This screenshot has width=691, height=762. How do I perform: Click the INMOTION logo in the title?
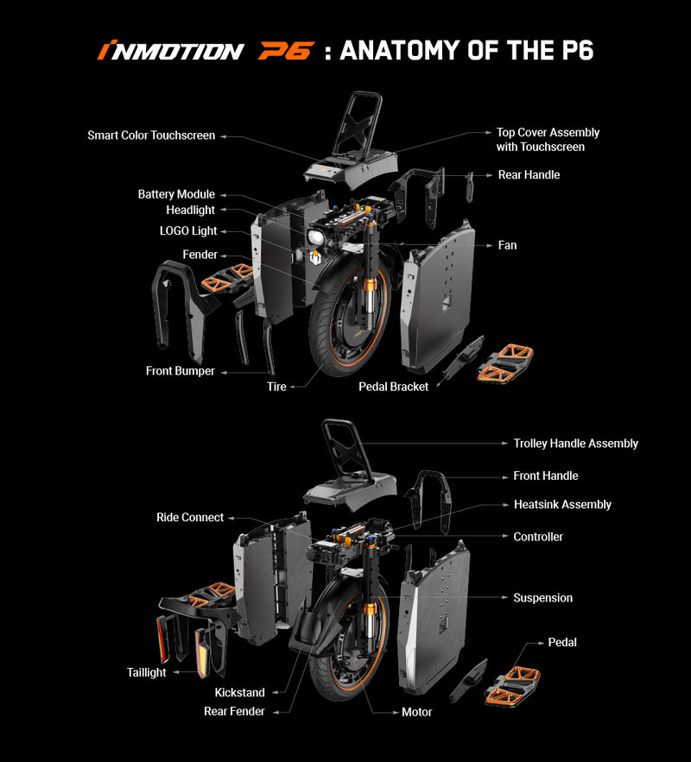click(x=170, y=51)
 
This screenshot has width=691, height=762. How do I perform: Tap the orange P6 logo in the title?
click(x=286, y=51)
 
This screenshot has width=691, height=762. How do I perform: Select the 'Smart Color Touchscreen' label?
click(x=151, y=135)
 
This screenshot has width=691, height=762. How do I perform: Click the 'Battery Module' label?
click(x=176, y=194)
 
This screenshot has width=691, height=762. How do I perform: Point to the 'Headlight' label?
click(x=190, y=210)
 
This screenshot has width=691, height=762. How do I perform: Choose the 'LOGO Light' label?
click(x=188, y=230)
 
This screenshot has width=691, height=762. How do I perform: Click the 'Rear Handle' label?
click(x=529, y=175)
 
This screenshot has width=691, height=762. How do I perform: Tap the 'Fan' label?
click(x=507, y=245)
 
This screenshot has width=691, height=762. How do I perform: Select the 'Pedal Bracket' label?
click(x=393, y=387)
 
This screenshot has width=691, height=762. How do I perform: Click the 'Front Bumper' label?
click(x=180, y=371)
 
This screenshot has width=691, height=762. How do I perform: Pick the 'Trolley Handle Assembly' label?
click(x=576, y=444)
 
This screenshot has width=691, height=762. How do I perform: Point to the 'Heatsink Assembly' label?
click(x=562, y=505)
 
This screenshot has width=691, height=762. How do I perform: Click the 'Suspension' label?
click(x=543, y=598)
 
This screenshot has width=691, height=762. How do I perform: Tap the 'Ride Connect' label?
click(x=190, y=518)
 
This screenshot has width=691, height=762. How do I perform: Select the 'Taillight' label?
click(x=146, y=672)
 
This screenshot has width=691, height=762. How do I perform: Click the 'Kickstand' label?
click(x=240, y=692)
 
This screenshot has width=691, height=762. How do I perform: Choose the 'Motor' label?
click(x=416, y=712)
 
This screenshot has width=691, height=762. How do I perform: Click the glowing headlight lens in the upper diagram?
click(x=316, y=238)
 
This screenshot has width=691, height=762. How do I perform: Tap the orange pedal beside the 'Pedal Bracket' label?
click(x=505, y=362)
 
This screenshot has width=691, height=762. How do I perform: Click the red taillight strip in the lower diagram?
click(x=162, y=638)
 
